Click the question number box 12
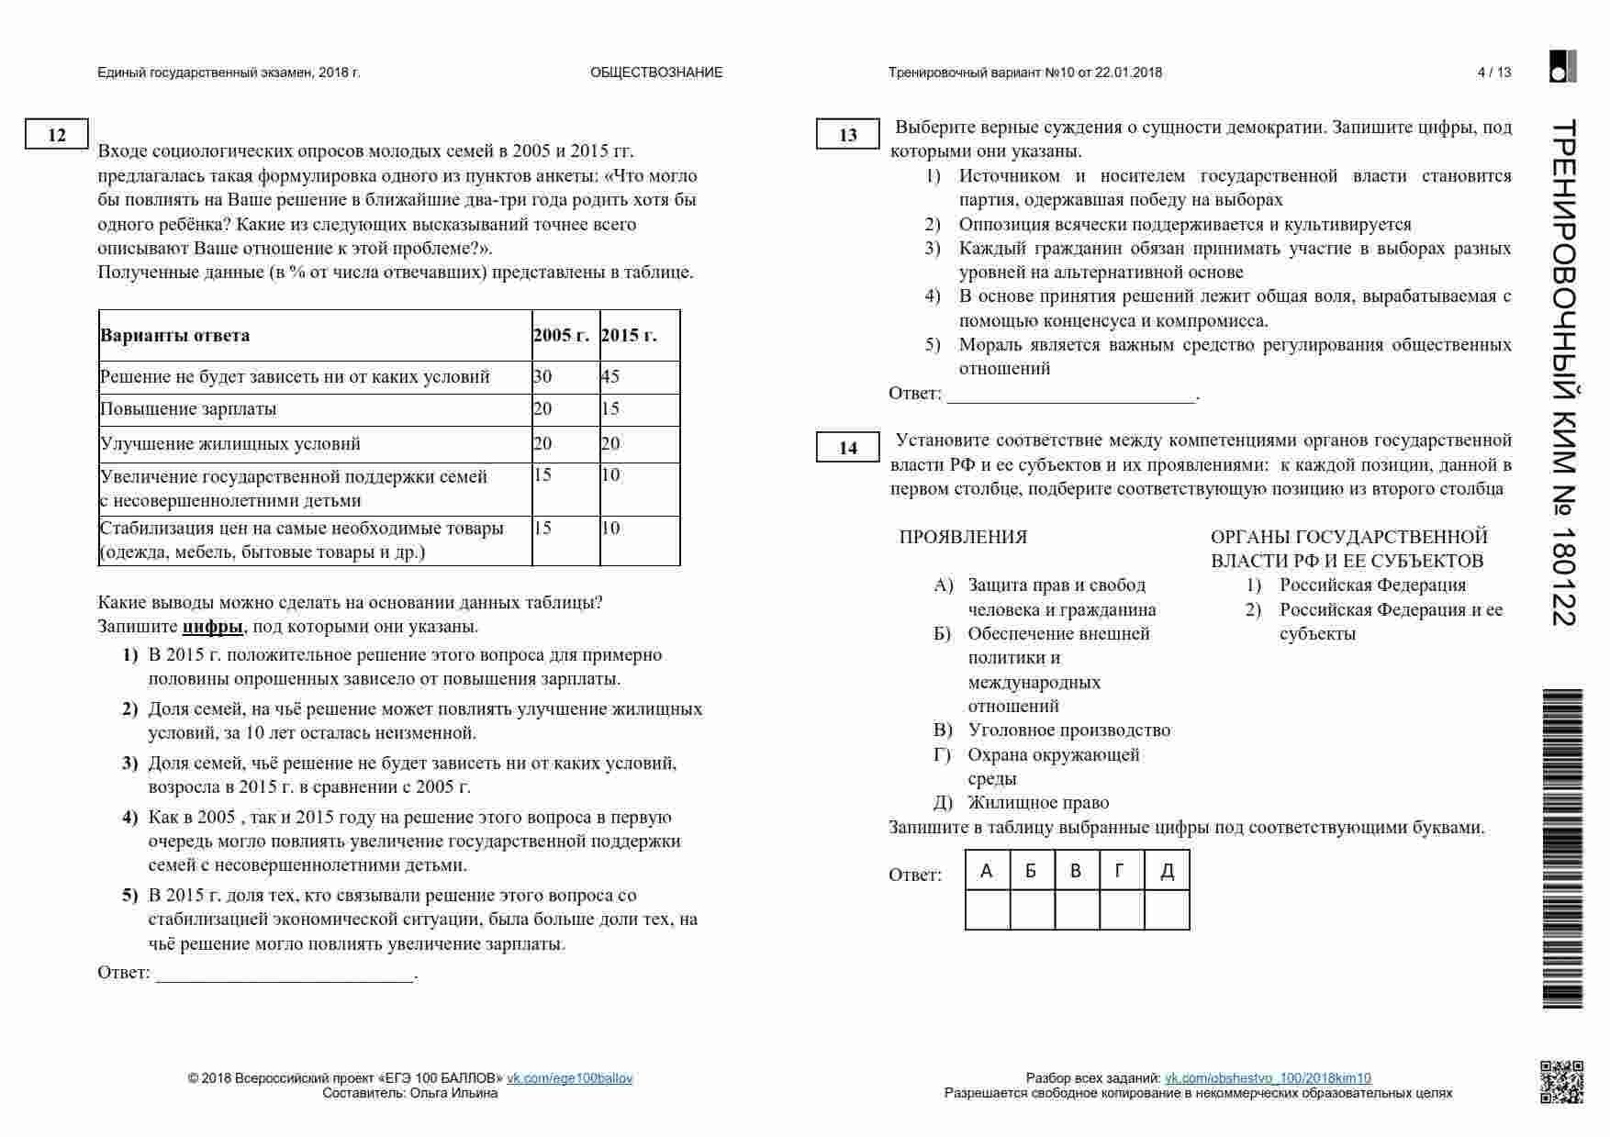[x=57, y=135]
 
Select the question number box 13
[x=848, y=135]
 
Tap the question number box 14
[x=848, y=447]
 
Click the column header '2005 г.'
[x=561, y=335]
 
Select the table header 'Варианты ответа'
[x=174, y=335]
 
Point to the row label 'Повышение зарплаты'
[x=188, y=409]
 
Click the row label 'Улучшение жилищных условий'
[x=230, y=444]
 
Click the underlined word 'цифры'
[x=213, y=627]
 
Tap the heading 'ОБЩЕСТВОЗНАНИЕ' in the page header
[x=656, y=72]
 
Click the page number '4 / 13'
[x=1493, y=72]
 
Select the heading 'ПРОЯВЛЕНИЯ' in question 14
[x=963, y=537]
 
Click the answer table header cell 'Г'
[x=1121, y=870]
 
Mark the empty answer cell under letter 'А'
[x=988, y=910]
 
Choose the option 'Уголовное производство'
[x=1068, y=730]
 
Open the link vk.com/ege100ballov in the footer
[x=569, y=1078]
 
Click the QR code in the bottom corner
[x=1561, y=1081]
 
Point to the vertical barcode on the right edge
[x=1562, y=848]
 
